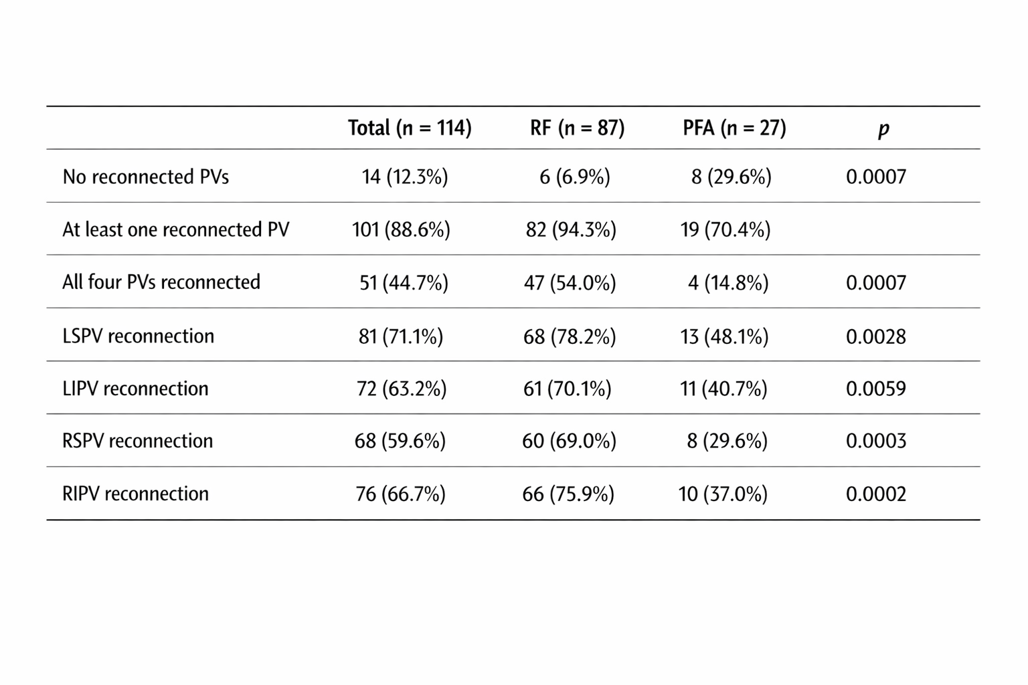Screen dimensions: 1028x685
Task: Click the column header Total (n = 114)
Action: [x=410, y=128]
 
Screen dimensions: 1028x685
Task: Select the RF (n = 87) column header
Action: [x=578, y=128]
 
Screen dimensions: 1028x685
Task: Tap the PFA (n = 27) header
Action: [x=734, y=128]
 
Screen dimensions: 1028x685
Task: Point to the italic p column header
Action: [x=883, y=130]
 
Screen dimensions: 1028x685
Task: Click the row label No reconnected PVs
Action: [x=145, y=177]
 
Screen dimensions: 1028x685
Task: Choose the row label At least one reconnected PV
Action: [x=176, y=229]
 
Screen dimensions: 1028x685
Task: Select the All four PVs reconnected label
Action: [x=161, y=282]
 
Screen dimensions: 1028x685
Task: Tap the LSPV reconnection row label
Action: [x=138, y=336]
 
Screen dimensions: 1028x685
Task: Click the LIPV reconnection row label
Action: [x=135, y=389]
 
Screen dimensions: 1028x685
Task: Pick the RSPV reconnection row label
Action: [x=138, y=441]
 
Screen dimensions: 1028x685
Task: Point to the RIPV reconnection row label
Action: [x=135, y=494]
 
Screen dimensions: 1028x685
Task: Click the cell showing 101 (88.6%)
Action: [x=401, y=230]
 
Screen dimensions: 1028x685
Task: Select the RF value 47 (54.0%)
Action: [x=570, y=282]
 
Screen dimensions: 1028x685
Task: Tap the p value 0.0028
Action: [x=876, y=336]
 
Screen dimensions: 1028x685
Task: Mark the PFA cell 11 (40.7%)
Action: [x=723, y=389]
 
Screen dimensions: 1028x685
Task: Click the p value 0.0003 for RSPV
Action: [x=876, y=441]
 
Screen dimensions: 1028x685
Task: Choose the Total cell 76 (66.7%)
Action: [x=401, y=494]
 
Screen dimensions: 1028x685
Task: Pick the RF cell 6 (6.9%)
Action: [x=575, y=177]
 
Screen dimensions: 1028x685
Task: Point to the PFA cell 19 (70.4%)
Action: [x=725, y=230]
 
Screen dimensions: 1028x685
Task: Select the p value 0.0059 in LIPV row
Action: [x=876, y=389]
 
